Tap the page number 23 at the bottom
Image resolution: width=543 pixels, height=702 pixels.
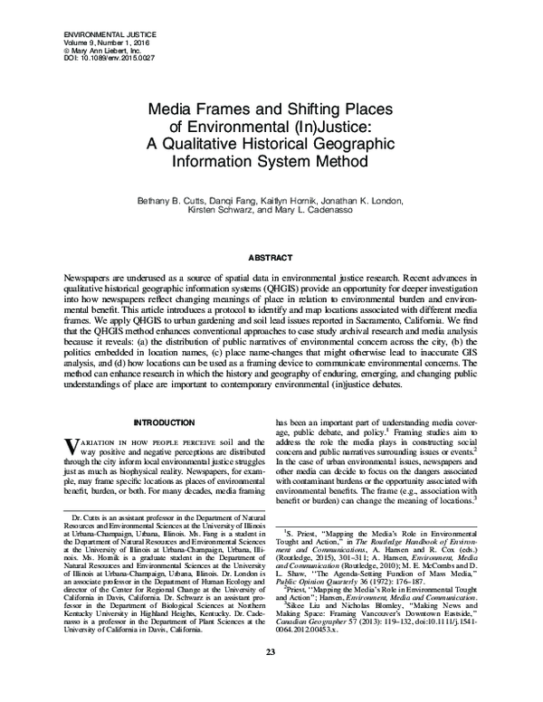(x=271, y=678)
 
